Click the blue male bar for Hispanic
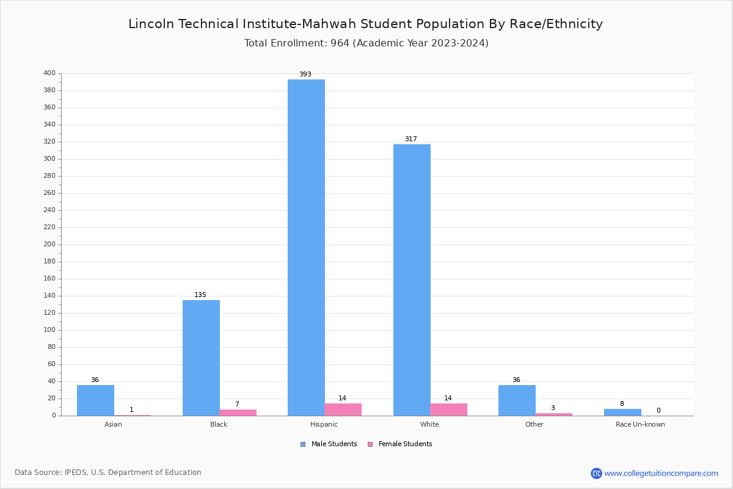tap(306, 248)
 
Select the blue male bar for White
tap(412, 280)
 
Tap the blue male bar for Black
tap(201, 358)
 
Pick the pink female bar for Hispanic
tap(343, 410)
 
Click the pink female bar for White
tap(448, 410)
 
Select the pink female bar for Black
tap(238, 413)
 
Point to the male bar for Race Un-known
tap(622, 412)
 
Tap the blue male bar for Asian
tap(95, 400)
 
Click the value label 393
tap(305, 75)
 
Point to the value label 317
tap(411, 139)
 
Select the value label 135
tap(200, 295)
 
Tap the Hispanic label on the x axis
tap(324, 424)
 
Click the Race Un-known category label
tap(640, 424)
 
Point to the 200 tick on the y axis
tap(49, 244)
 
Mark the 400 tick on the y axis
tap(49, 73)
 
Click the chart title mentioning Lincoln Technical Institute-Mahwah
tap(365, 24)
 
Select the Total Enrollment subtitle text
tap(366, 43)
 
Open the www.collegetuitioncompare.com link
tap(661, 473)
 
